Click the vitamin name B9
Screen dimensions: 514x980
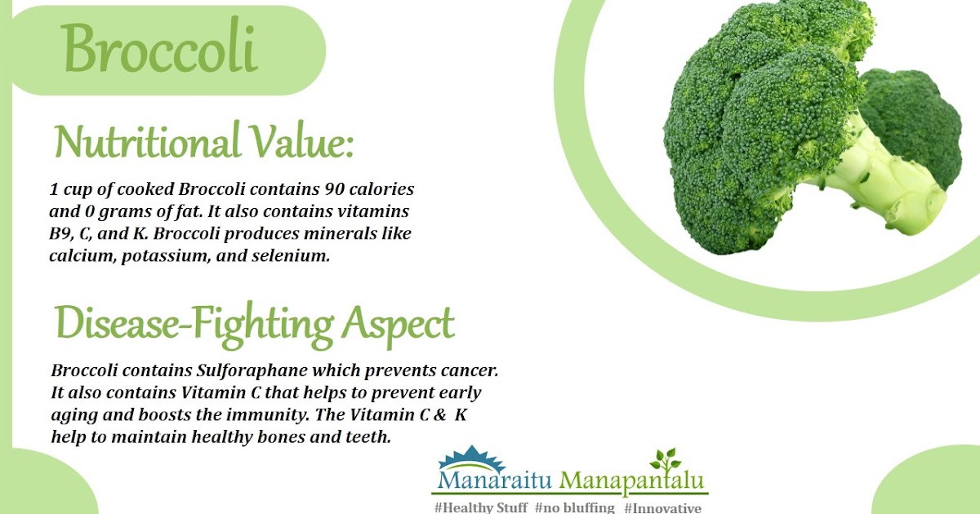(61, 234)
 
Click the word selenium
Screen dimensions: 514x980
(289, 256)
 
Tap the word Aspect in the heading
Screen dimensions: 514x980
(397, 324)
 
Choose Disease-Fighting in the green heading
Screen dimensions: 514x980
(193, 324)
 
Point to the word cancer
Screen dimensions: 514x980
(470, 370)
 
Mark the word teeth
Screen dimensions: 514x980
(368, 436)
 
